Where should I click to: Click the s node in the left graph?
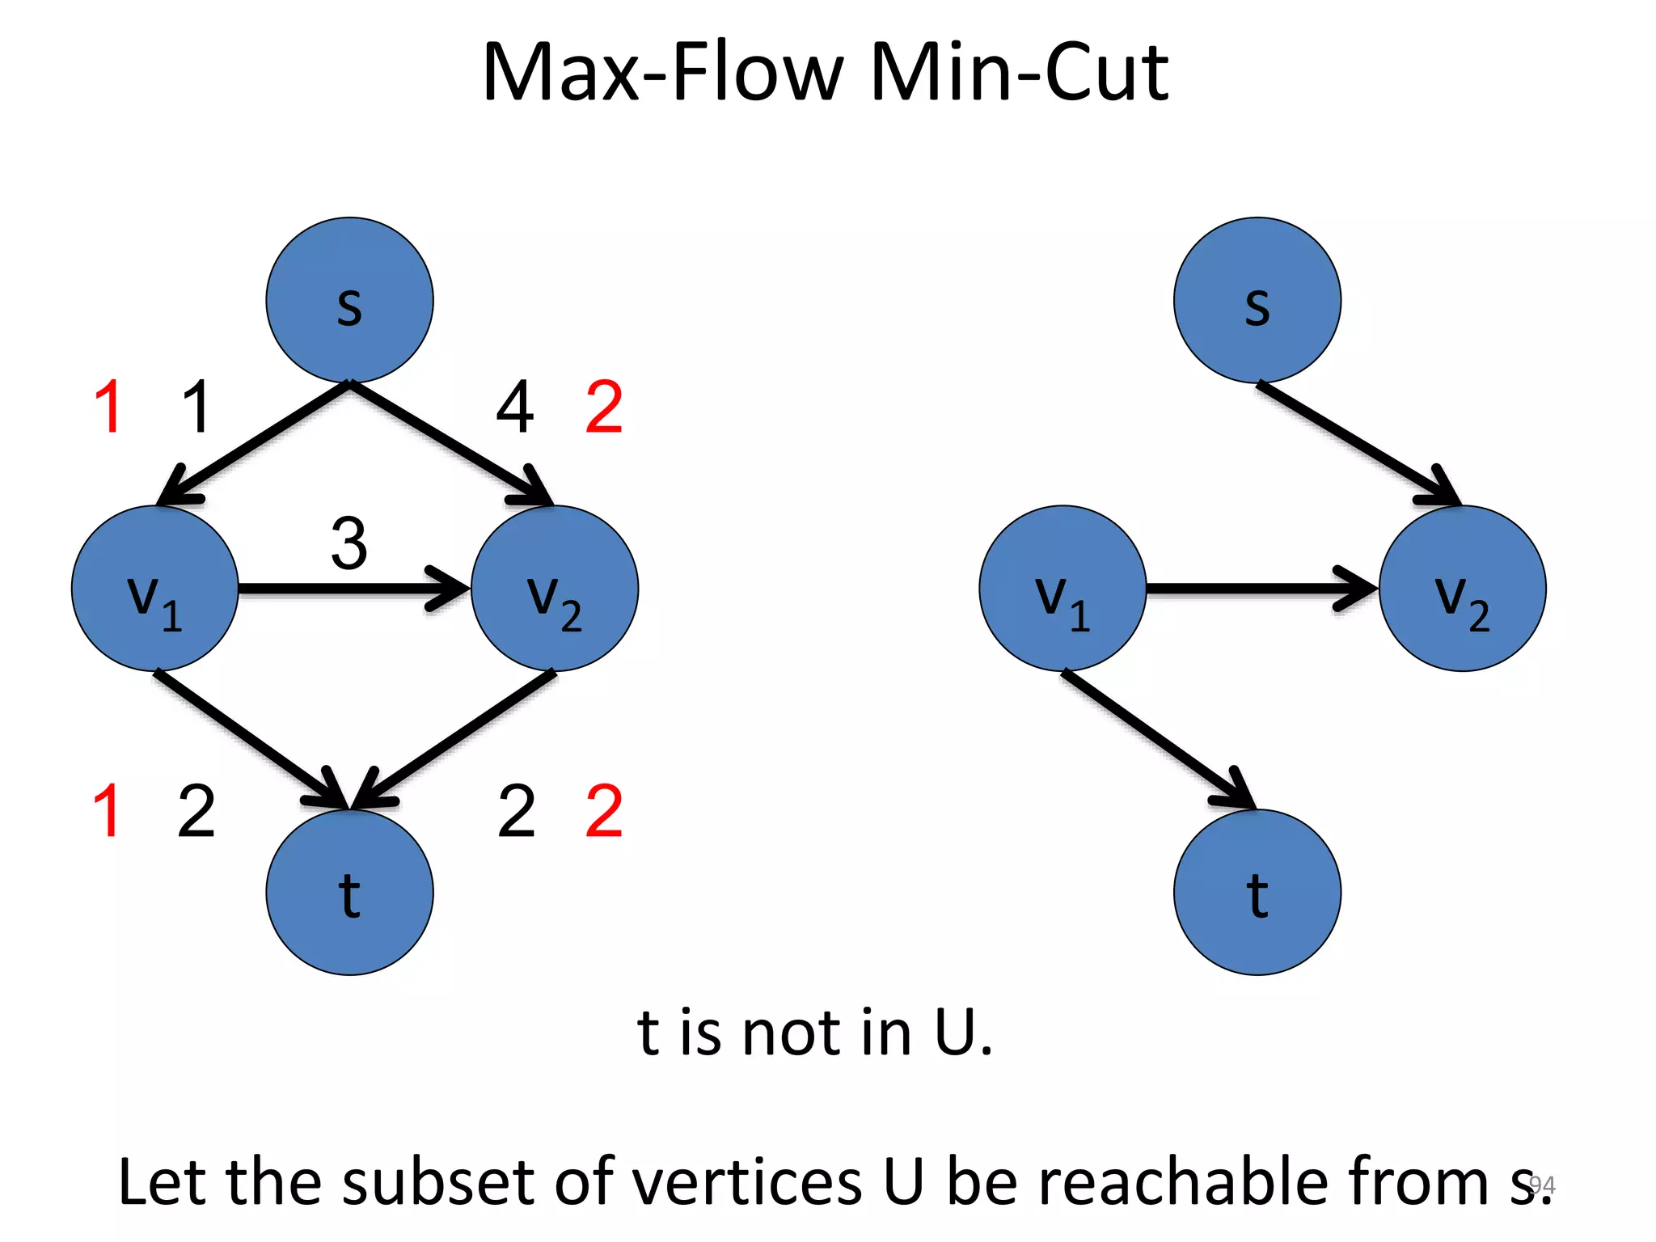[x=349, y=300]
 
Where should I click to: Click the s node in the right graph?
[x=1257, y=300]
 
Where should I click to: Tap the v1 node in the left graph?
[x=154, y=589]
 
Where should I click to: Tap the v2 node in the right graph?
[x=1463, y=589]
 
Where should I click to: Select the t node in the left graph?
[x=349, y=893]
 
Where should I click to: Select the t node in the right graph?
[x=1257, y=893]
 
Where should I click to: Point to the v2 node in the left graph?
[x=555, y=589]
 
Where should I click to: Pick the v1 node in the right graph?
[x=1062, y=589]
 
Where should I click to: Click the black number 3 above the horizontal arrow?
[x=349, y=543]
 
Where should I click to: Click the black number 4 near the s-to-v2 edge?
[x=515, y=408]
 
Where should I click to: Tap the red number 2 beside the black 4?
[x=604, y=408]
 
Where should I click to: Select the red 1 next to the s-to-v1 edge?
[x=109, y=408]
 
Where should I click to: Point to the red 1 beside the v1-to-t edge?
[x=108, y=811]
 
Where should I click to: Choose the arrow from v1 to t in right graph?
[x=1156, y=738]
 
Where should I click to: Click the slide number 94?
[x=1543, y=1185]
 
